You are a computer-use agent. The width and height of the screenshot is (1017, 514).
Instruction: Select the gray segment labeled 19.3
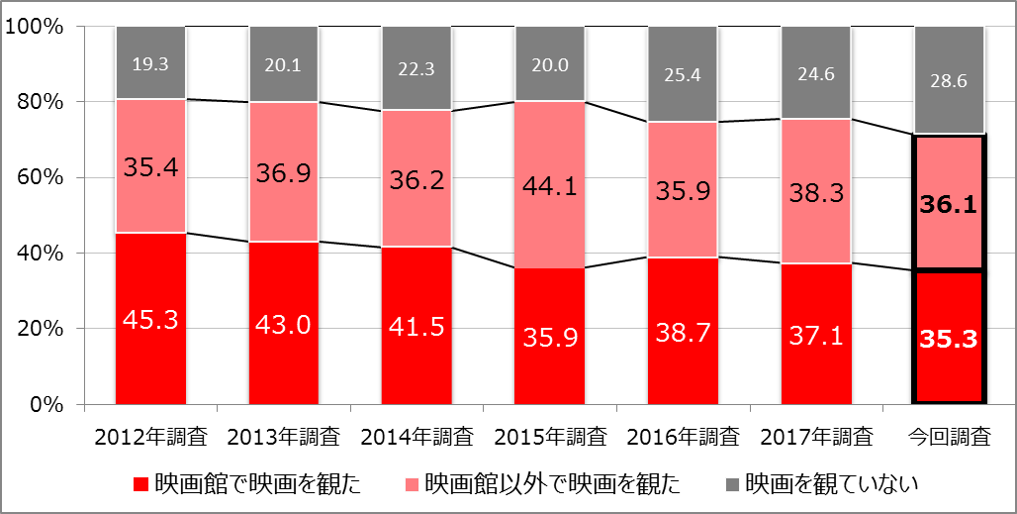150,62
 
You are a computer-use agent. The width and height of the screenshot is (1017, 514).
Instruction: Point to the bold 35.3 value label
948,339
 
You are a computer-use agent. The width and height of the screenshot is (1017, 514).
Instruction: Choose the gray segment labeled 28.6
948,80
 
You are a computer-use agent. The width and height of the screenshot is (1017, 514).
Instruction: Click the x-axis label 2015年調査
549,435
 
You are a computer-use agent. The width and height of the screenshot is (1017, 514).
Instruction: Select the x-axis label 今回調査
948,435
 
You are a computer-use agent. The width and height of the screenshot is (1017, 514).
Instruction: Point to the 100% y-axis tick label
37,27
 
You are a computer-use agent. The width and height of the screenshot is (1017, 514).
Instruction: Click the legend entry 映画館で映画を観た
246,484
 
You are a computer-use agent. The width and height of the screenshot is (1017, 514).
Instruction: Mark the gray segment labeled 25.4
683,74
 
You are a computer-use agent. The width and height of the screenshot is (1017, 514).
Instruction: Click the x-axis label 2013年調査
284,435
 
